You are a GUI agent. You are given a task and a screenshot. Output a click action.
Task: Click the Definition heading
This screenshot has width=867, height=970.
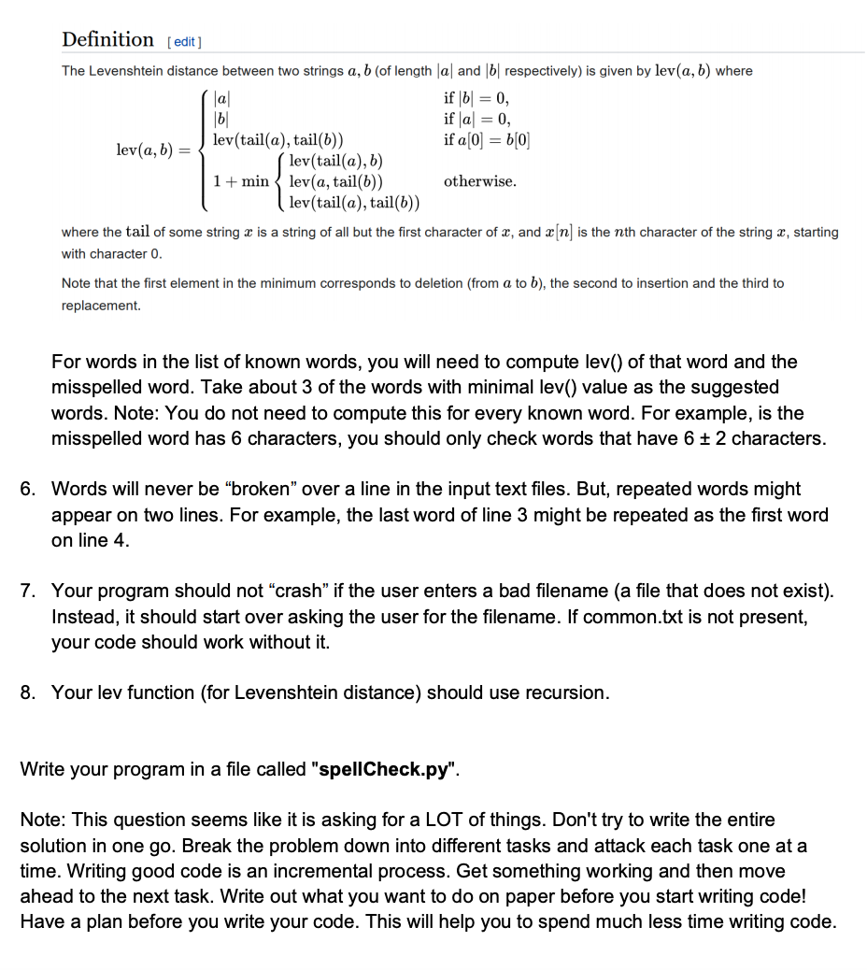[x=107, y=39]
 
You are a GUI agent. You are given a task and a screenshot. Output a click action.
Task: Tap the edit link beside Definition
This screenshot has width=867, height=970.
[x=184, y=42]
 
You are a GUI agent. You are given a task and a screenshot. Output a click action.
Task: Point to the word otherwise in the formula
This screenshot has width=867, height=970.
[x=479, y=181]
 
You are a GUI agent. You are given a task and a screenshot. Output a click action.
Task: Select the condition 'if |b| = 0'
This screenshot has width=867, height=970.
[x=476, y=98]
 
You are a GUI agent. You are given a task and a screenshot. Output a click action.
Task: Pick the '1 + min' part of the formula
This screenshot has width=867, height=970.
[x=241, y=181]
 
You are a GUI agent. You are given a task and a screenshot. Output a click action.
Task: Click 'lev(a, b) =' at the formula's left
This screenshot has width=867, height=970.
[x=151, y=150]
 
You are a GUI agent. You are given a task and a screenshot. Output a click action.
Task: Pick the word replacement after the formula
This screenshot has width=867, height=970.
[x=101, y=306]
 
